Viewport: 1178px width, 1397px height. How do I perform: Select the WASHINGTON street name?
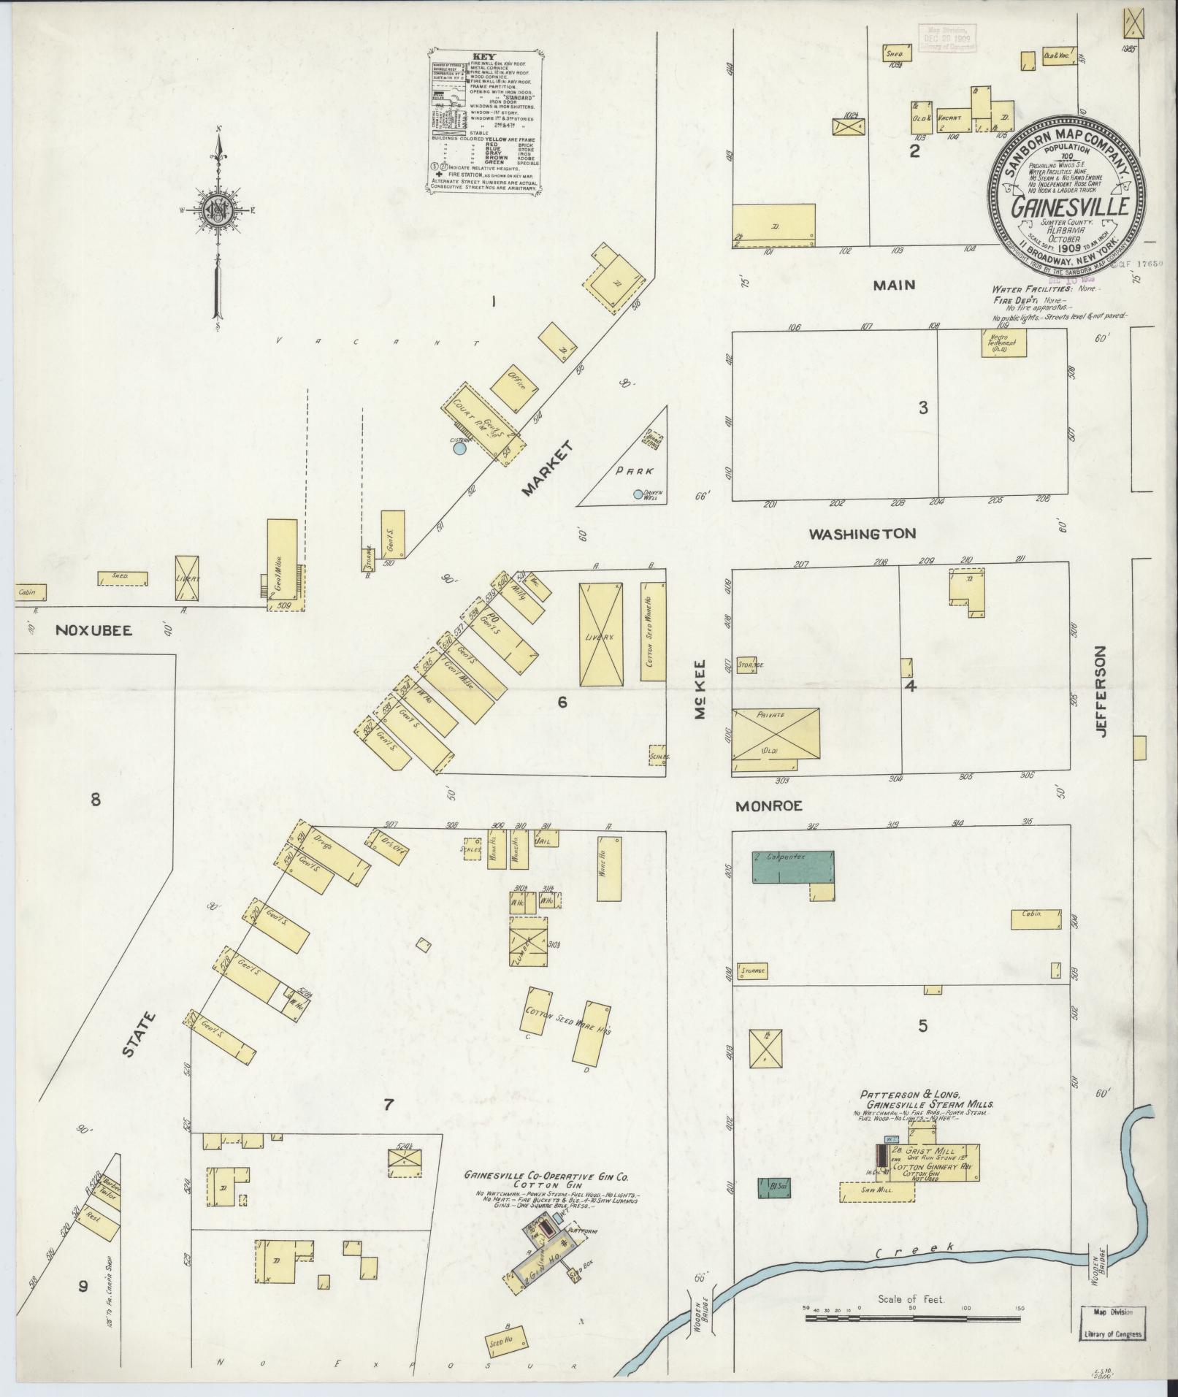click(x=861, y=534)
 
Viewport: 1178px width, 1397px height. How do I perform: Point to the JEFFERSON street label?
click(x=1102, y=691)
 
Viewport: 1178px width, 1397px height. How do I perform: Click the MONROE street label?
click(x=769, y=806)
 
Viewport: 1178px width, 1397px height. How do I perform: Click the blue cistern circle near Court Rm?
click(x=459, y=450)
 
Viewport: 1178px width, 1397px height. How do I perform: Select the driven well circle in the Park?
click(x=638, y=494)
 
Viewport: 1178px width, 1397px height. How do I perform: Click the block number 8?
click(x=95, y=800)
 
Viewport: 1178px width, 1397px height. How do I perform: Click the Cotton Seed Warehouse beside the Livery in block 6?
click(x=652, y=631)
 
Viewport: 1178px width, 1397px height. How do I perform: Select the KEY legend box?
click(x=484, y=122)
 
